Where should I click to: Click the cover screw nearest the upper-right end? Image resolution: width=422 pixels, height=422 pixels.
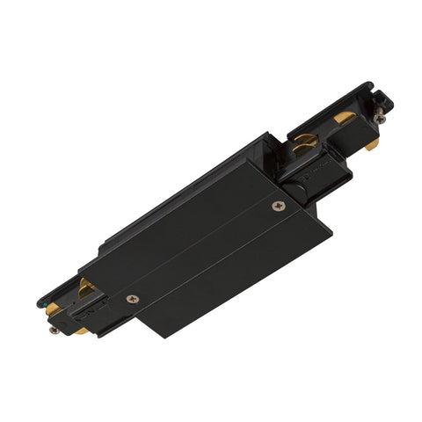[x=280, y=207]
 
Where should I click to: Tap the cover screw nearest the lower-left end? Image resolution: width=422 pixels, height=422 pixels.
[x=133, y=299]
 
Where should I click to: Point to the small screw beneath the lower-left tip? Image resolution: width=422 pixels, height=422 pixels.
[x=55, y=330]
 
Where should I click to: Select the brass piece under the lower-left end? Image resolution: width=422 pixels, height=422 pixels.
[x=79, y=331]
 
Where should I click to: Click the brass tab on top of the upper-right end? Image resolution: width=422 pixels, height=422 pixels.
[x=345, y=118]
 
